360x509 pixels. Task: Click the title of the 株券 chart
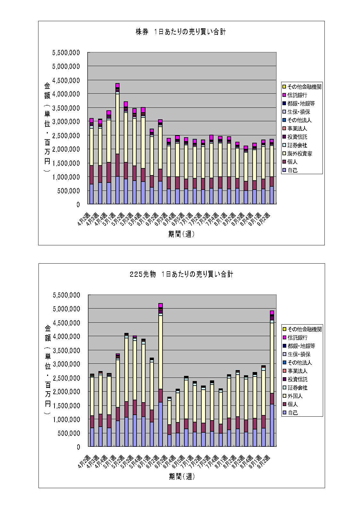pyautogui.click(x=180, y=32)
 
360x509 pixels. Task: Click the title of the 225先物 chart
pyautogui.click(x=181, y=274)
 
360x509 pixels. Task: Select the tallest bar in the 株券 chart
pyautogui.click(x=117, y=144)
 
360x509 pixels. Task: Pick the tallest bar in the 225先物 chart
pyautogui.click(x=161, y=375)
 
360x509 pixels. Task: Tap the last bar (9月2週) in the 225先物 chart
pyautogui.click(x=272, y=378)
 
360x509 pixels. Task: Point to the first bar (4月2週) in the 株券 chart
pyautogui.click(x=91, y=162)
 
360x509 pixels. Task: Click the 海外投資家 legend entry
pyautogui.click(x=299, y=154)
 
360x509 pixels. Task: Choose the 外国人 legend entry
pyautogui.click(x=295, y=396)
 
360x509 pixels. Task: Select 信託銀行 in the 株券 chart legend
pyautogui.click(x=297, y=95)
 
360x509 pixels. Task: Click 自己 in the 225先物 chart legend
pyautogui.click(x=293, y=413)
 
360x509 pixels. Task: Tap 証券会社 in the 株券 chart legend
pyautogui.click(x=297, y=145)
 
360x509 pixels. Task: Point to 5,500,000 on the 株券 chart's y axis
pyautogui.click(x=66, y=53)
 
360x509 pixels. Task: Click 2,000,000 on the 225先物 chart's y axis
pyautogui.click(x=66, y=392)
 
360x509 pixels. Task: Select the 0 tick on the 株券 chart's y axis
pyautogui.click(x=78, y=204)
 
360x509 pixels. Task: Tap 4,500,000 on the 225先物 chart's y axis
pyautogui.click(x=66, y=323)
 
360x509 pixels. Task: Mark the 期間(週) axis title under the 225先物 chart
pyautogui.click(x=182, y=477)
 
